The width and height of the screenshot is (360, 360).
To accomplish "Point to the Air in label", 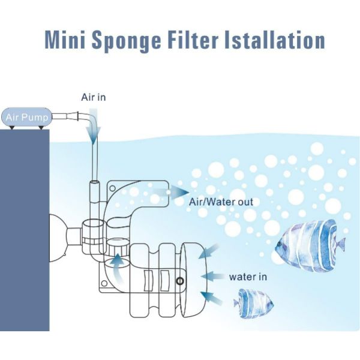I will [x=94, y=97].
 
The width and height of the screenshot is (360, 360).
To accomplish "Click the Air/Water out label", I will [x=221, y=202].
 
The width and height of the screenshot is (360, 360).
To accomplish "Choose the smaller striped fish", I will [x=252, y=303].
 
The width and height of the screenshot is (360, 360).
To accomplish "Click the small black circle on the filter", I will [x=179, y=281].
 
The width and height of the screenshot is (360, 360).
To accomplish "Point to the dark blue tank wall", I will [x=24, y=240].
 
